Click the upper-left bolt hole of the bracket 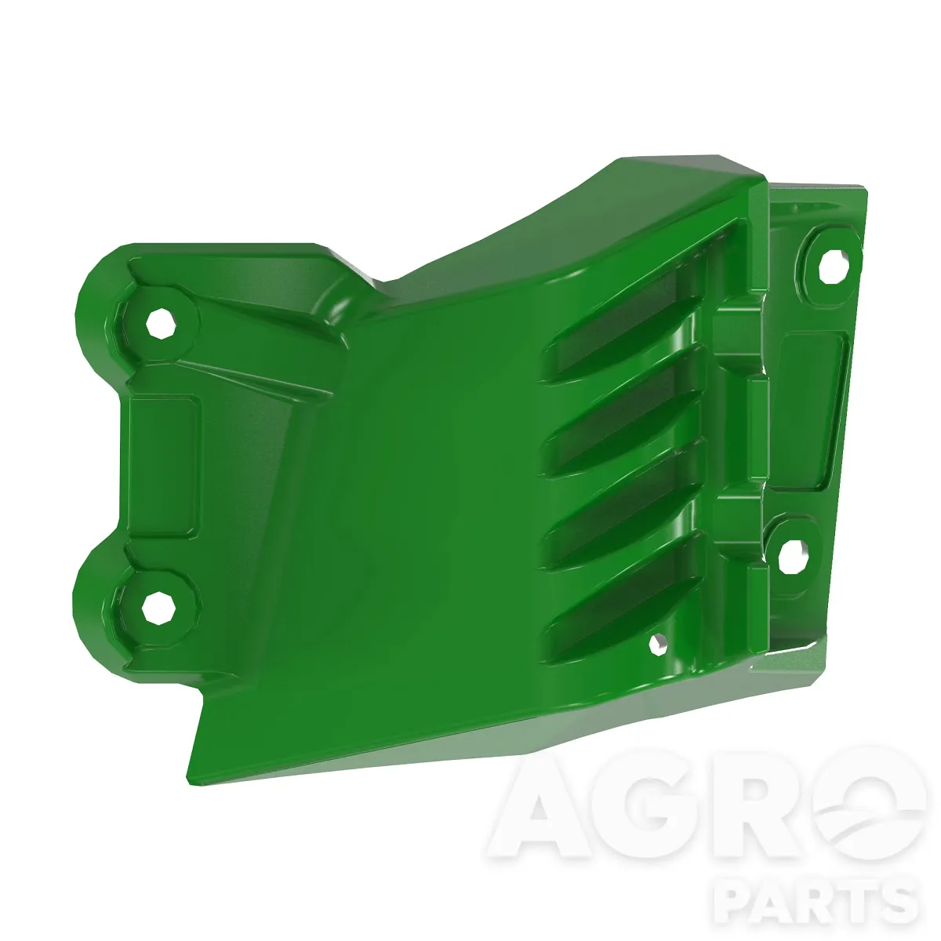tap(161, 323)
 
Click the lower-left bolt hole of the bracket tap(158, 608)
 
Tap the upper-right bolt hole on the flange tap(834, 266)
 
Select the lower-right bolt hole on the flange tap(793, 558)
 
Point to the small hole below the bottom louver tap(658, 645)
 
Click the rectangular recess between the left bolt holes tap(164, 466)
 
